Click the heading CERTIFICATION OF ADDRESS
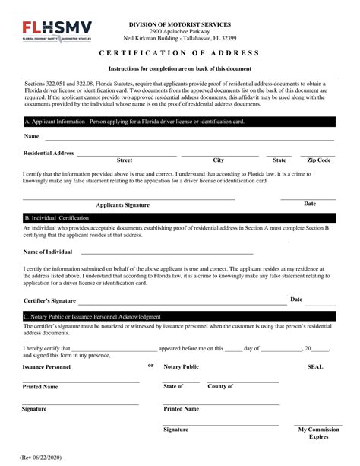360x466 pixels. [x=179, y=53]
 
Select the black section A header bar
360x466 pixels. [x=179, y=121]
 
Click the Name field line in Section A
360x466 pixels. [x=190, y=140]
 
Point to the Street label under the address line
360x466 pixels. [x=125, y=160]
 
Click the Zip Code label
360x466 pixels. [x=318, y=160]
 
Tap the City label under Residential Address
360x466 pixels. [x=219, y=160]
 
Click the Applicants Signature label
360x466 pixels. [x=123, y=205]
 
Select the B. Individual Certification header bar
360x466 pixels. [x=179, y=218]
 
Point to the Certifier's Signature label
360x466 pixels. [x=50, y=301]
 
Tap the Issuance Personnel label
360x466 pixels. [x=46, y=366]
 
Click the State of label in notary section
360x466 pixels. [x=174, y=387]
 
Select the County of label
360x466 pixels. [x=220, y=387]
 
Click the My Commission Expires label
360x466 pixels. [x=318, y=433]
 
